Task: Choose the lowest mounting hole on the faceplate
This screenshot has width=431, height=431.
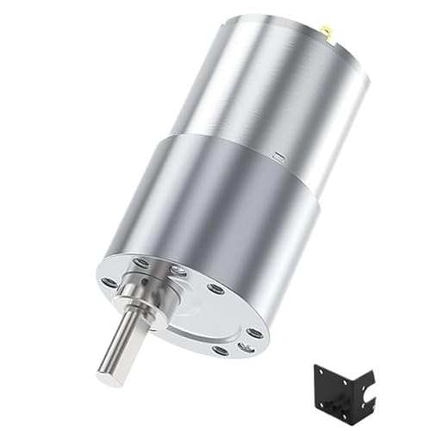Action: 220,351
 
